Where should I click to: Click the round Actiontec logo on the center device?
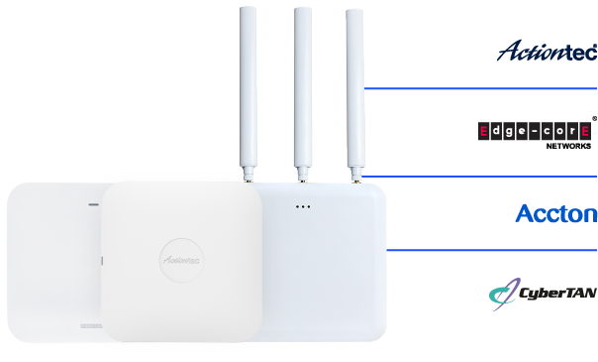click(181, 257)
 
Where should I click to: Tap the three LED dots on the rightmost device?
click(303, 206)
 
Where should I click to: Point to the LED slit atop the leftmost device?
click(94, 205)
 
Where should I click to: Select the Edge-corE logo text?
click(535, 130)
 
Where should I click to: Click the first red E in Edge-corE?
click(483, 130)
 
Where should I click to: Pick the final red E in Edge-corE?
click(586, 130)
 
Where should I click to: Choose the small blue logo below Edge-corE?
click(523, 211)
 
